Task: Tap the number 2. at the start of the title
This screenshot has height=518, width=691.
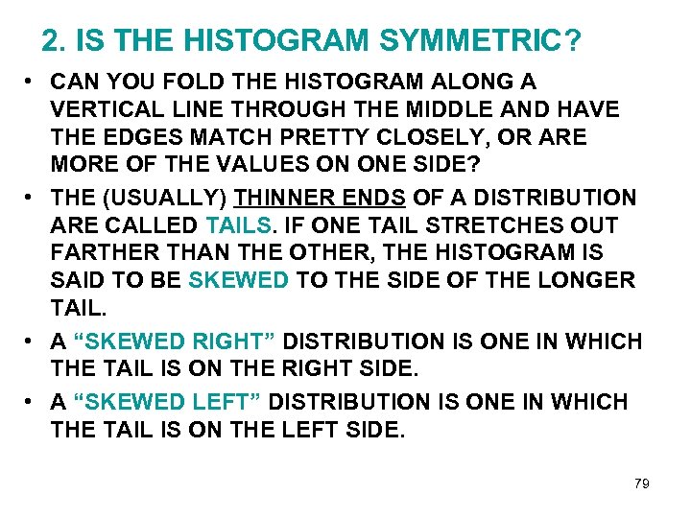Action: (x=54, y=40)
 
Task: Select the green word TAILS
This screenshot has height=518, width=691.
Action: (x=240, y=226)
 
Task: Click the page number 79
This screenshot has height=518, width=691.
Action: (x=641, y=483)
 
